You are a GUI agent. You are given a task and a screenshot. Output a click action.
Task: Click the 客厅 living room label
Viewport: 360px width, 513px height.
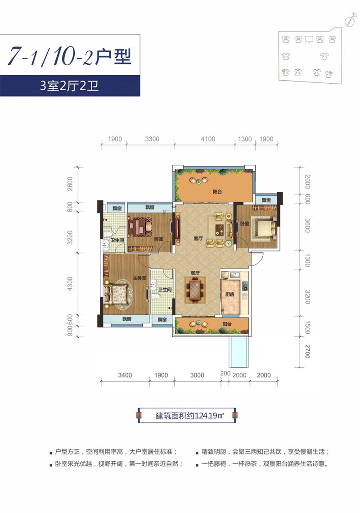(x=198, y=239)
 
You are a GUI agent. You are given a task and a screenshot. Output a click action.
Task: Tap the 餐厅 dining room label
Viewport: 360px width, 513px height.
(x=195, y=273)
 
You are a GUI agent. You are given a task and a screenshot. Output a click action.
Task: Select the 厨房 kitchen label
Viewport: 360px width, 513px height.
(x=230, y=295)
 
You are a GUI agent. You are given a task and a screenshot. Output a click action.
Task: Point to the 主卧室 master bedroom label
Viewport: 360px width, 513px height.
(x=139, y=278)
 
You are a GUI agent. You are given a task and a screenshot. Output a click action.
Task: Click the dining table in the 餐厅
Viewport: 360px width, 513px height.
(x=195, y=290)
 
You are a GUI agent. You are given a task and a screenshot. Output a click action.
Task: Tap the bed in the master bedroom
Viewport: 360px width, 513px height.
(x=115, y=294)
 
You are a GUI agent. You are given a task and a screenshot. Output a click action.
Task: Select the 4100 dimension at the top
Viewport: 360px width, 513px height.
(x=208, y=139)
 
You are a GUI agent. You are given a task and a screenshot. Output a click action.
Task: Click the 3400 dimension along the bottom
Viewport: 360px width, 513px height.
(x=125, y=375)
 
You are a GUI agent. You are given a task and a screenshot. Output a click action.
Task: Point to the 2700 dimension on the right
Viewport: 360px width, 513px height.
(x=307, y=351)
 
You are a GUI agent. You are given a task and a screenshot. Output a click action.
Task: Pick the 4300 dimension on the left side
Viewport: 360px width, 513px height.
(x=70, y=284)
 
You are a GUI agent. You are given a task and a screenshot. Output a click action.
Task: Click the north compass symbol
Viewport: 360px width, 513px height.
(x=350, y=20)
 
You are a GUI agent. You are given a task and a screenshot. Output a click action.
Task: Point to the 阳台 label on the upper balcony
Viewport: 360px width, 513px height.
(x=217, y=191)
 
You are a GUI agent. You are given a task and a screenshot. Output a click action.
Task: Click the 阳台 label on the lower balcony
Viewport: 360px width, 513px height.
(x=227, y=324)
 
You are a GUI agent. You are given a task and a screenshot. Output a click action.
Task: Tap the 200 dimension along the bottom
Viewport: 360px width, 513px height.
(x=225, y=373)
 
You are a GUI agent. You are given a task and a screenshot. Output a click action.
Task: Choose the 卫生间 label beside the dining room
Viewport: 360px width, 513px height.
(x=165, y=290)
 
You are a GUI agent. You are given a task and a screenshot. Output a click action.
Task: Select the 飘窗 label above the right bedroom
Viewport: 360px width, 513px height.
(x=266, y=200)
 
